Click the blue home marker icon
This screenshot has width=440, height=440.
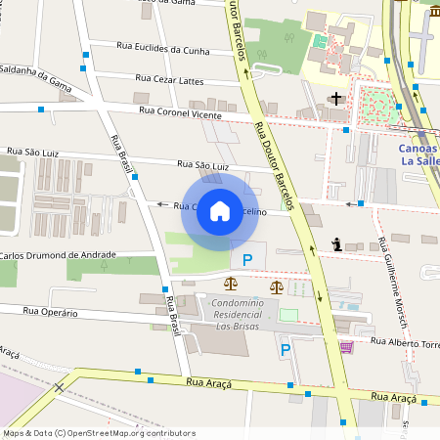tap(220, 211)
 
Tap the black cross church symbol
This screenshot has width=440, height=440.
tap(337, 99)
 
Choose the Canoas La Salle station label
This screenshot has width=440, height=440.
tap(418, 155)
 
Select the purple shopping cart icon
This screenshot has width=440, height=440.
tap(345, 347)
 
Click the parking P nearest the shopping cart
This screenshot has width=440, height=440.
tap(286, 349)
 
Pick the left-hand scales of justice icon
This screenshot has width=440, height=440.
tap(231, 286)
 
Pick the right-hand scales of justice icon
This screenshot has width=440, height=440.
tap(277, 287)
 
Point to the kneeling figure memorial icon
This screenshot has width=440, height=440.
tap(336, 244)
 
